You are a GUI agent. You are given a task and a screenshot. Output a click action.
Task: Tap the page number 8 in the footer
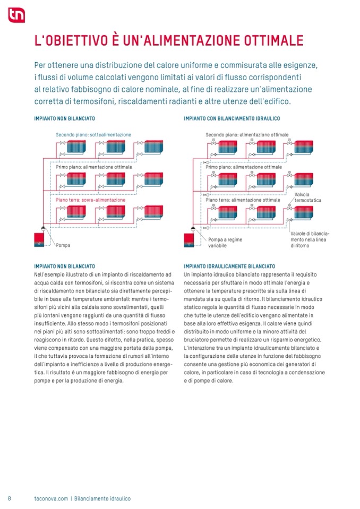[x=10, y=498]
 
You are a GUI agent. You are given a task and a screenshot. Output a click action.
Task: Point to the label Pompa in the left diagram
[x=63, y=245]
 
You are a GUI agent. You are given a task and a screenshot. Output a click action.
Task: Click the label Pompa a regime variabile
[x=225, y=243]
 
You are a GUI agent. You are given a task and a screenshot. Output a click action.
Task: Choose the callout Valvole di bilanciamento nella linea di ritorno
[x=310, y=239]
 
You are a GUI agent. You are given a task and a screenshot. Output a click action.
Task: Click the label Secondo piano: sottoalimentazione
[x=93, y=135]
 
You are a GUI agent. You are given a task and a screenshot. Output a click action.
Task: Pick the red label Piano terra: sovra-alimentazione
[x=91, y=200]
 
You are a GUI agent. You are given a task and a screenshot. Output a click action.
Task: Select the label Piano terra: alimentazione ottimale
[x=243, y=200]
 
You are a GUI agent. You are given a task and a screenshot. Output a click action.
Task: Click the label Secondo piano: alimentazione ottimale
[x=247, y=135]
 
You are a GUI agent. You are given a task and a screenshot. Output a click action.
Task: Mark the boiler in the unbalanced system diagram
[x=39, y=239]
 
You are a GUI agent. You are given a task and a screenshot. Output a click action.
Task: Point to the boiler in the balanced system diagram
[x=190, y=239]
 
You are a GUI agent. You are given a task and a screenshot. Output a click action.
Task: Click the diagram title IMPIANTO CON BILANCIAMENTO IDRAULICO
[x=232, y=118]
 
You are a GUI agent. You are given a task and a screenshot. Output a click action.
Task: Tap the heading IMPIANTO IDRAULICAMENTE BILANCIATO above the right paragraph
[x=229, y=266]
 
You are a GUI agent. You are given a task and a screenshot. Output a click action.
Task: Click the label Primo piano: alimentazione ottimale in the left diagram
[x=94, y=167]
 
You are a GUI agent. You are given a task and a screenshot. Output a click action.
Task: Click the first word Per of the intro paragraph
[x=40, y=65]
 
